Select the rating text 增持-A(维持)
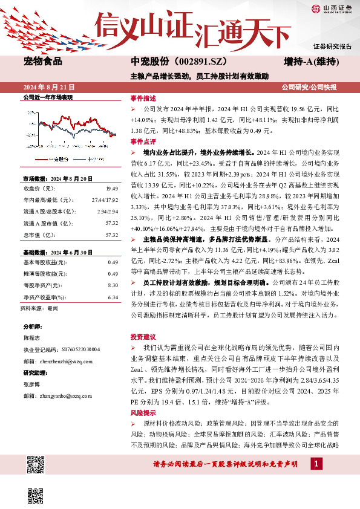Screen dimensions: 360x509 [x=310, y=61]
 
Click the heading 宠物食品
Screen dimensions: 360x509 [x=43, y=61]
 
